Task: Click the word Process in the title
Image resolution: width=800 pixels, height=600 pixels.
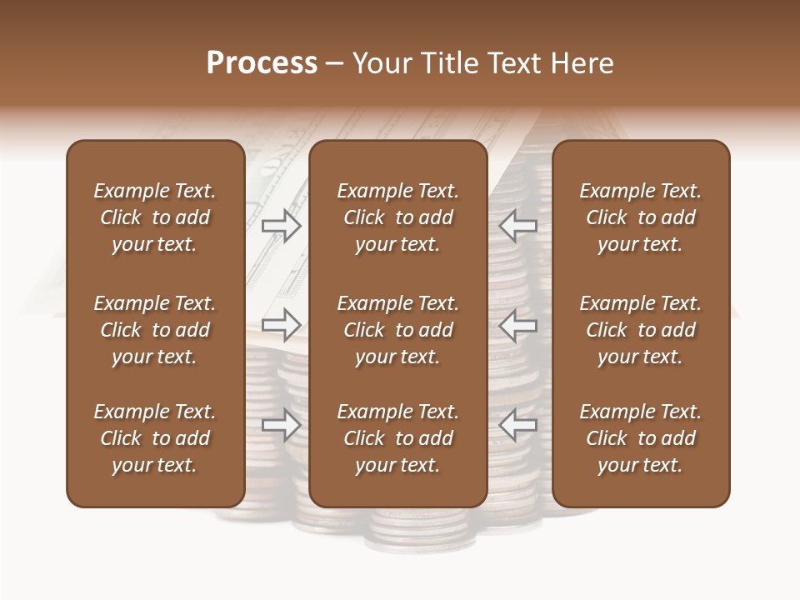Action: [x=262, y=63]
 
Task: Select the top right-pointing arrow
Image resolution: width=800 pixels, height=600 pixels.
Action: [x=281, y=225]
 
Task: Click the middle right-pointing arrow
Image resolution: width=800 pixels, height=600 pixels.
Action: [x=281, y=324]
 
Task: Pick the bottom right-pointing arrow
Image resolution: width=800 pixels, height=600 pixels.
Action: [x=281, y=425]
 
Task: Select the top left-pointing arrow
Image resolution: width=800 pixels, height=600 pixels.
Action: [x=517, y=225]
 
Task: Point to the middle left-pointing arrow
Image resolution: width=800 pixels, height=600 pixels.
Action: [x=517, y=324]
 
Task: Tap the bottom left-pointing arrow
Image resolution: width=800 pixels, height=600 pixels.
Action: [x=517, y=425]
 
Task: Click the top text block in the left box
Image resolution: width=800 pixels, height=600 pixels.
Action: [x=155, y=217]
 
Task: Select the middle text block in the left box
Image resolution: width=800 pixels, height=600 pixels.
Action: [x=155, y=330]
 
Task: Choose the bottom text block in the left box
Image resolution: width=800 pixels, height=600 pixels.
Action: [x=155, y=438]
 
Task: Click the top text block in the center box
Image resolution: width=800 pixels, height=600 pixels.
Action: [x=397, y=217]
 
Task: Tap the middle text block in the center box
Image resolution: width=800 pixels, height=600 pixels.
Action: [x=397, y=330]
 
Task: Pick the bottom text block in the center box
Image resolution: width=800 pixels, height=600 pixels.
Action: [x=397, y=438]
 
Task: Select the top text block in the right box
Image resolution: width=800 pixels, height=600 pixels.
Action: [x=640, y=217]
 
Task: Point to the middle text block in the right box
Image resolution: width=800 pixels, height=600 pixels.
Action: [x=640, y=330]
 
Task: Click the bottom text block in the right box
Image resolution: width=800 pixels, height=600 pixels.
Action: [x=640, y=438]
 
